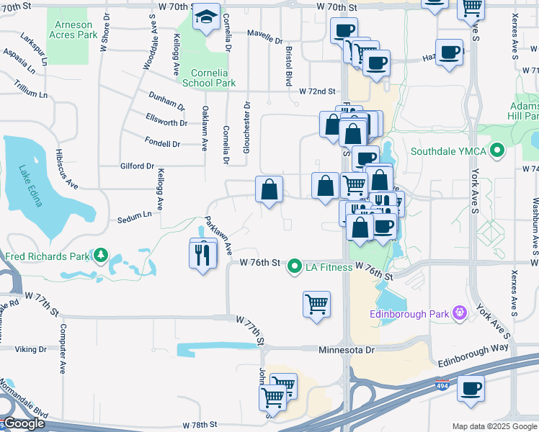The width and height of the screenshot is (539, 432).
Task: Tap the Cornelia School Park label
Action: [214, 78]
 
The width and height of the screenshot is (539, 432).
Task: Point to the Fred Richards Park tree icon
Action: [102, 256]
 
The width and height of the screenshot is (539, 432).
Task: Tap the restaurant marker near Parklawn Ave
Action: [202, 253]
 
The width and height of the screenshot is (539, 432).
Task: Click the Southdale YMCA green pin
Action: [496, 151]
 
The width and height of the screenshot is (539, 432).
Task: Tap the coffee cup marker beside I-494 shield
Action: [471, 388]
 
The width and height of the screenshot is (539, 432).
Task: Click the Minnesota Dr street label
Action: [347, 350]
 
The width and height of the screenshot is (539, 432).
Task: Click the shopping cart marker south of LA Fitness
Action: [316, 304]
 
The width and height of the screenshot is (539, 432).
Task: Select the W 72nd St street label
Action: [318, 91]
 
